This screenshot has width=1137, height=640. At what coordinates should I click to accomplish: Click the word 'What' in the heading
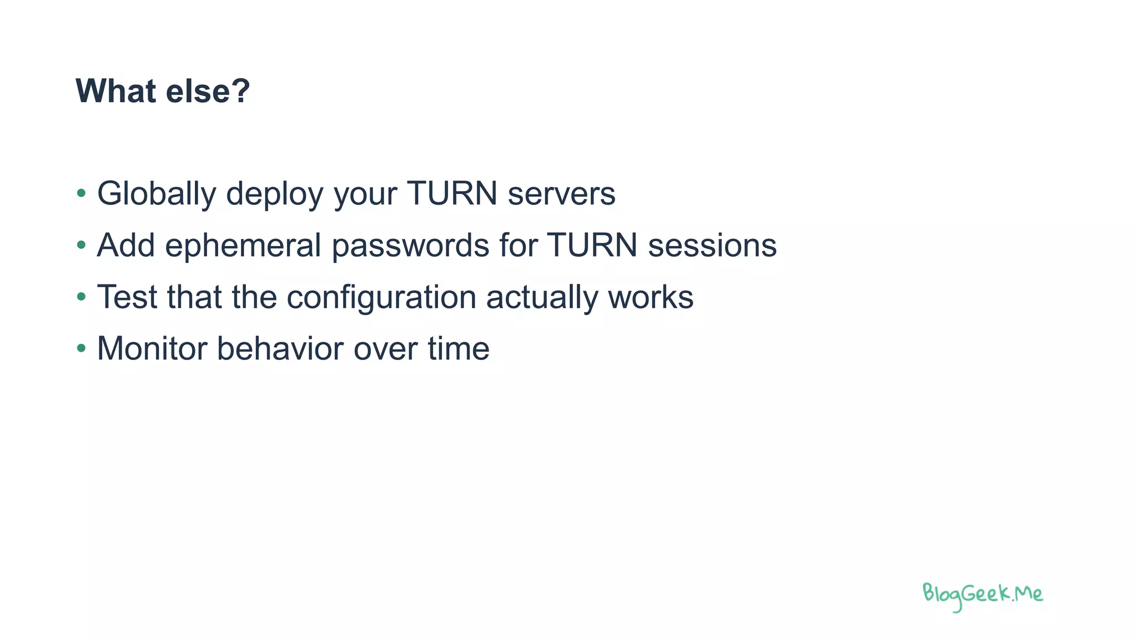coord(115,91)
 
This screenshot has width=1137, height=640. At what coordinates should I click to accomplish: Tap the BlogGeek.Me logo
coord(982,596)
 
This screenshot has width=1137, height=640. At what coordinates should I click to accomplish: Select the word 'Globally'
coord(157,194)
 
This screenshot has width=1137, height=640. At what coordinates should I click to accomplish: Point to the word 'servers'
coord(561,194)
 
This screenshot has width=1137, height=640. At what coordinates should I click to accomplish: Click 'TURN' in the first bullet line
coord(452,194)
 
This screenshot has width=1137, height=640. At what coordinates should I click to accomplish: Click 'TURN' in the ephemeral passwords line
coord(592,246)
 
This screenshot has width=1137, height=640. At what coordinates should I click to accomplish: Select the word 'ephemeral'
coord(243,246)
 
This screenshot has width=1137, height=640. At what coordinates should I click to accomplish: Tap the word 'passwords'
coord(410,246)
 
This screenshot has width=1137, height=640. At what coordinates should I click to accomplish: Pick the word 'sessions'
coord(712,246)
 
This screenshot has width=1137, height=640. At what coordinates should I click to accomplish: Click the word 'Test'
coord(127,297)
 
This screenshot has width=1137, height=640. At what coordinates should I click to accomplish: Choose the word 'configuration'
coord(381,297)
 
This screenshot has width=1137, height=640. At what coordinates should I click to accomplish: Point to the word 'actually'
coord(542,297)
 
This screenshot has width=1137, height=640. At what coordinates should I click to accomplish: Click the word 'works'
coord(651,297)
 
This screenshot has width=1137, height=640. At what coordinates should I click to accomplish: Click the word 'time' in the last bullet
coord(459,349)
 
